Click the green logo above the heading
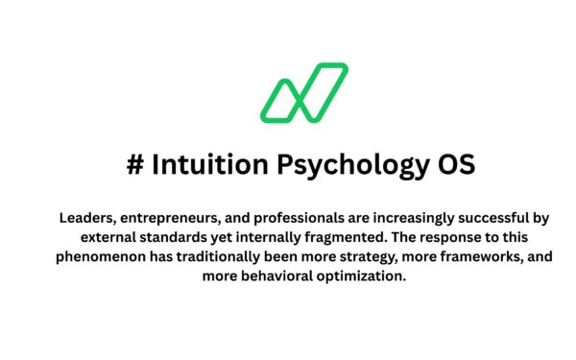pos(304,93)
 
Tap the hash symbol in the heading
pos(135,164)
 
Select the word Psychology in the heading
pos(342,165)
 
